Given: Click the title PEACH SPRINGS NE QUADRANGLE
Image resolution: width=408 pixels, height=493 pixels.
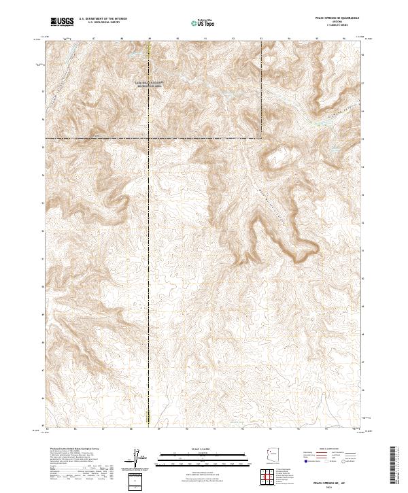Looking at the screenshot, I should (x=341, y=18).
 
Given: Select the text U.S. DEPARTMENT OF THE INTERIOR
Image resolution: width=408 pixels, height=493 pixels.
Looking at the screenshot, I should (x=103, y=19).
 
